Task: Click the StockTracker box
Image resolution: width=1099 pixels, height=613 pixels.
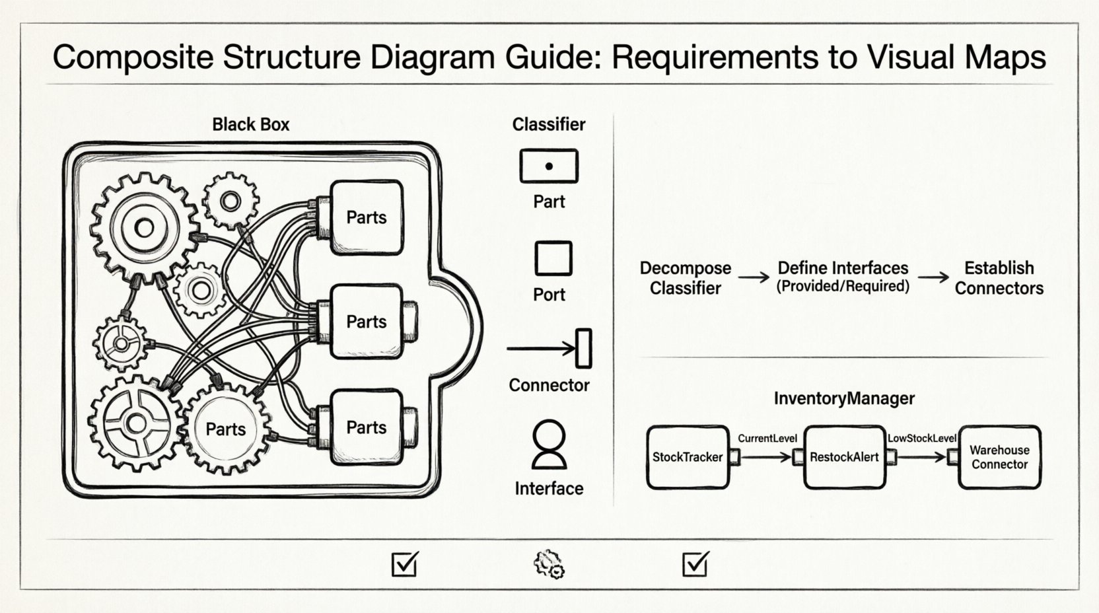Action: [x=688, y=457]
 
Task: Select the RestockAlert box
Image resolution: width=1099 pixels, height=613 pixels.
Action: [x=844, y=457]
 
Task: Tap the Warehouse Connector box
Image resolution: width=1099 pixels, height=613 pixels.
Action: [x=999, y=457]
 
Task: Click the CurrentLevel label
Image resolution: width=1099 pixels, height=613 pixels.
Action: [x=767, y=439]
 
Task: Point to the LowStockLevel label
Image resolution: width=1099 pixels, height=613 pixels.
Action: [x=922, y=439]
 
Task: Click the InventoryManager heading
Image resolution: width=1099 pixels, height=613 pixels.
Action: [x=844, y=398]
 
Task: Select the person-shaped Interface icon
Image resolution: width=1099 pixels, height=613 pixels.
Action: [x=549, y=444]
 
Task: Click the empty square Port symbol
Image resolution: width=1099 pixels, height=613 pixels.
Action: [x=553, y=258]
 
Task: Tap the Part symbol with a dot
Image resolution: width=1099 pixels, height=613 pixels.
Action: [x=549, y=166]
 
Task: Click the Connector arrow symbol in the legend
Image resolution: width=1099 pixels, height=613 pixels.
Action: [x=548, y=348]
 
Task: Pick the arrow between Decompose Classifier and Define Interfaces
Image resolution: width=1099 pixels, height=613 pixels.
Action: [x=754, y=277]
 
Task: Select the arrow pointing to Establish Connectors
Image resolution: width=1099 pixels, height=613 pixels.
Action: [x=933, y=277]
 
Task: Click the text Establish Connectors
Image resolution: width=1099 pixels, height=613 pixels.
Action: [x=999, y=277]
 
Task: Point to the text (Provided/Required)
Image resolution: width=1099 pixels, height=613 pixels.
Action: [x=843, y=287]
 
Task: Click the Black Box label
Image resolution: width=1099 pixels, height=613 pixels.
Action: [x=250, y=124]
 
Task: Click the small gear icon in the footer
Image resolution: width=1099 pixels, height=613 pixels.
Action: [x=549, y=564]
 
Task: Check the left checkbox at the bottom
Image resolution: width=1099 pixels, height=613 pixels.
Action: [x=404, y=564]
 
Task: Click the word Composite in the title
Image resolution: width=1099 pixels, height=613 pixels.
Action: [x=133, y=57]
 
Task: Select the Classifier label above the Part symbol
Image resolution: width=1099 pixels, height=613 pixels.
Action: [x=549, y=124]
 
